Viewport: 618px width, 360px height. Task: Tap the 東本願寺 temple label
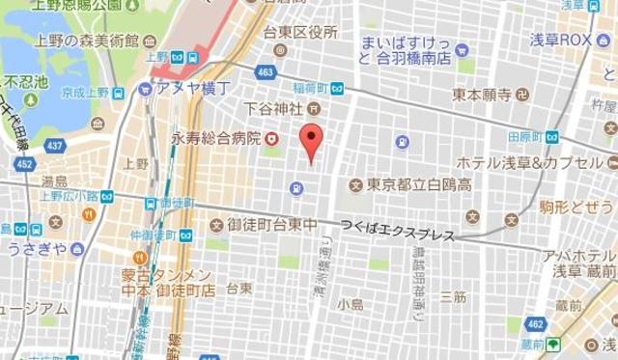click(481, 95)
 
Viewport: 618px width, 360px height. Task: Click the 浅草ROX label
click(561, 41)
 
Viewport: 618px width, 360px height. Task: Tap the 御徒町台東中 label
click(271, 225)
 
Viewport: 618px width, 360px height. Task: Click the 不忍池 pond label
click(26, 82)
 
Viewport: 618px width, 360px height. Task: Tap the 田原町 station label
click(522, 137)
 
